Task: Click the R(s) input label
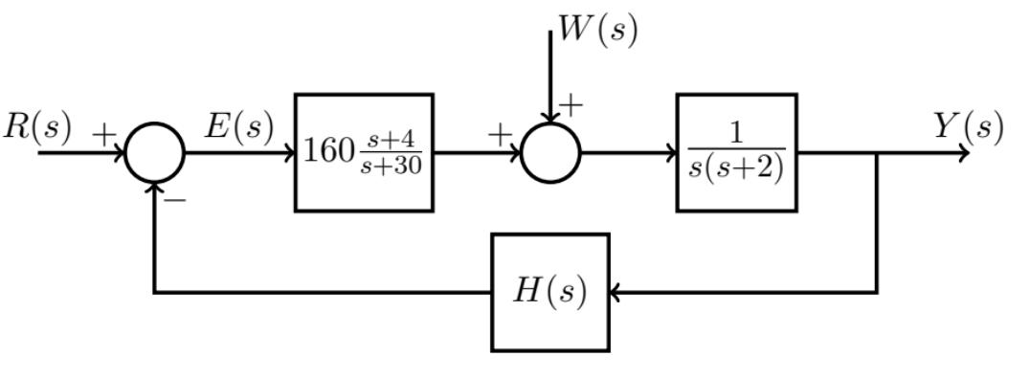36,129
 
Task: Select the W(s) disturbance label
598,29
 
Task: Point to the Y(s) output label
969,127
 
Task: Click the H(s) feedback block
549,293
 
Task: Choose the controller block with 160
364,152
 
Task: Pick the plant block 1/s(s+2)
736,152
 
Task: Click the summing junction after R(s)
154,153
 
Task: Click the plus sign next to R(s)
102,135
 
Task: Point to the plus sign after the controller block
499,135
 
